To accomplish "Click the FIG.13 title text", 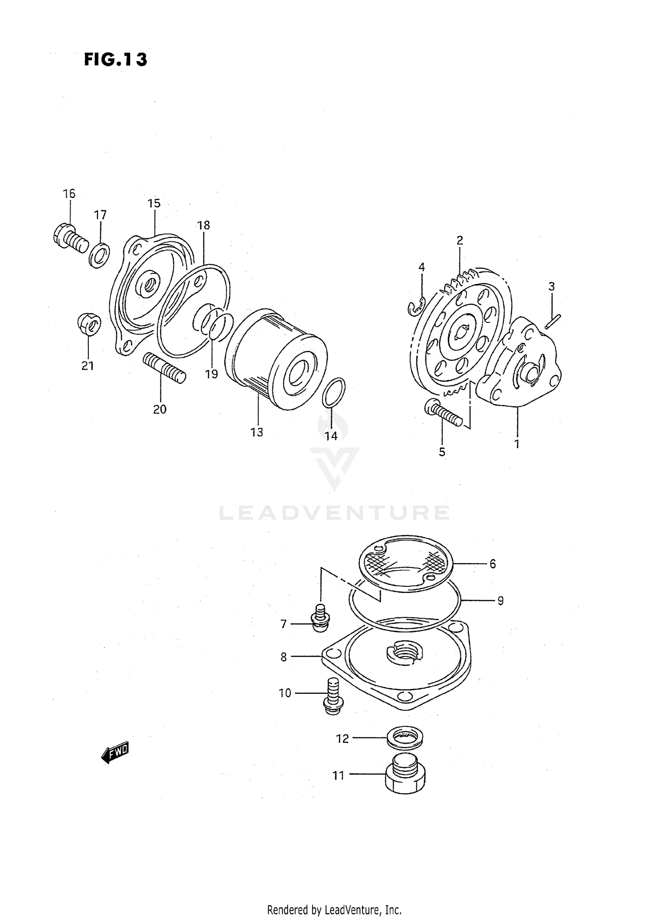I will point(116,59).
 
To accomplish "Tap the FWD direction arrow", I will point(116,753).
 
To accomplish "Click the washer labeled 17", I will point(99,256).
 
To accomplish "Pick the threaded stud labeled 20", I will point(165,368).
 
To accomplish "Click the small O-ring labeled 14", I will point(334,392).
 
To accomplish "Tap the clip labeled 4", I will point(417,307).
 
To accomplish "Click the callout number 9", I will point(500,601).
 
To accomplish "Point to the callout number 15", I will point(154,203).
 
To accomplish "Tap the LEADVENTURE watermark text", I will point(334,513).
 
